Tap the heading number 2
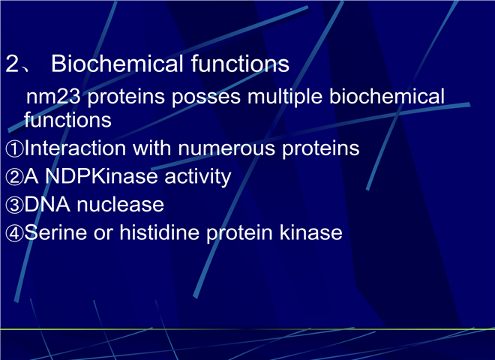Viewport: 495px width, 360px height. click(12, 64)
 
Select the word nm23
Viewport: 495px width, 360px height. click(53, 97)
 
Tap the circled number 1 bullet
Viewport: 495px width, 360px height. click(14, 148)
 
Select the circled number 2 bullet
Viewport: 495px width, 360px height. click(14, 177)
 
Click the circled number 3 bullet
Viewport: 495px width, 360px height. click(14, 205)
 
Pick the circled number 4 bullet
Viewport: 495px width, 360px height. click(14, 233)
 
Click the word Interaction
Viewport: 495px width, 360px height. click(75, 148)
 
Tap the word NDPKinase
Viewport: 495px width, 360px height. click(101, 176)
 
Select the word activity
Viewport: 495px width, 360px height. click(198, 177)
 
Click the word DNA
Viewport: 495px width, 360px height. click(47, 204)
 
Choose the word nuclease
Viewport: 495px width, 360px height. click(120, 204)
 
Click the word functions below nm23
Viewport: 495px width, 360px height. click(67, 120)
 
